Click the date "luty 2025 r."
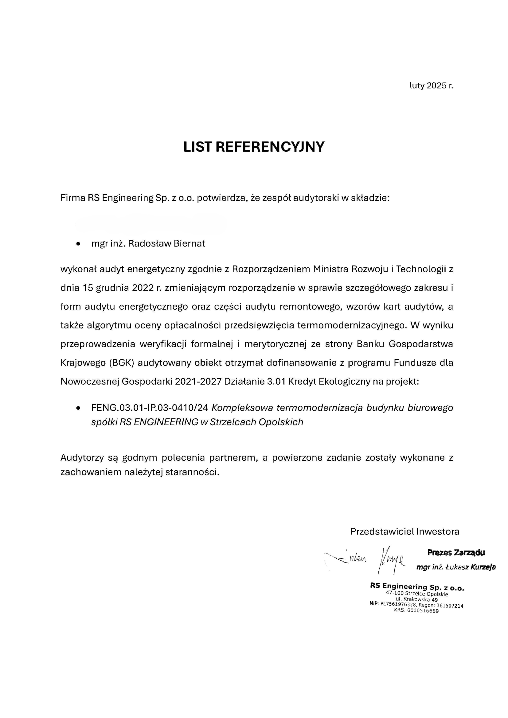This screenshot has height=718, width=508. [x=431, y=86]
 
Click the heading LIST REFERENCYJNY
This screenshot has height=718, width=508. [x=254, y=147]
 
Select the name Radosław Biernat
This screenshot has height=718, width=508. [x=166, y=244]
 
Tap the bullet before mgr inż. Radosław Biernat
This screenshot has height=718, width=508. [x=78, y=244]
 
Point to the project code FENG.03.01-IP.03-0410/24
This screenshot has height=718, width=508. [x=150, y=408]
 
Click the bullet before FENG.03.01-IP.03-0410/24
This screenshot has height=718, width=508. [x=78, y=408]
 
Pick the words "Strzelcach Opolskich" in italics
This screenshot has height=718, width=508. [x=256, y=422]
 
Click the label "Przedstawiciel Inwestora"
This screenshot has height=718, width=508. [x=404, y=532]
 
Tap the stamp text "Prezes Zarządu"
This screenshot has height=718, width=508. [x=456, y=553]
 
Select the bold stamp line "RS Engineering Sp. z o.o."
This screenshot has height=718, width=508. [x=417, y=587]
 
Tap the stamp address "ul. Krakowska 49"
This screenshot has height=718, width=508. [x=417, y=600]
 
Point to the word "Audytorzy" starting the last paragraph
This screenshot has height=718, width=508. [x=82, y=458]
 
